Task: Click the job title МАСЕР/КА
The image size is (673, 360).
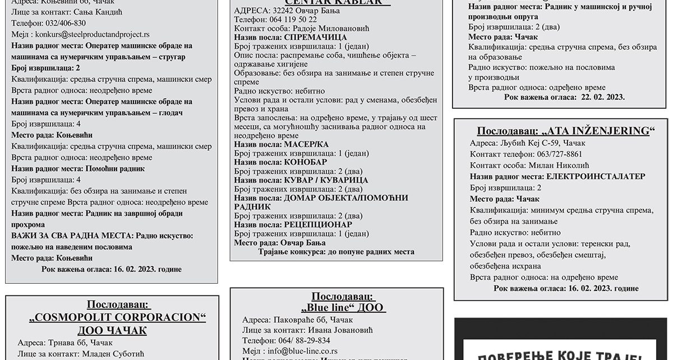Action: click(x=308, y=145)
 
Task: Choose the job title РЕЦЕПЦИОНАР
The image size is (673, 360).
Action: click(x=318, y=224)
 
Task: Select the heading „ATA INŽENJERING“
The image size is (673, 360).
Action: click(x=566, y=131)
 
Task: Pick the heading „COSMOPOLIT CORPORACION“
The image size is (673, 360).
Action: click(x=117, y=317)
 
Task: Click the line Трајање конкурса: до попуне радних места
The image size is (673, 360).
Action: click(x=336, y=252)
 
